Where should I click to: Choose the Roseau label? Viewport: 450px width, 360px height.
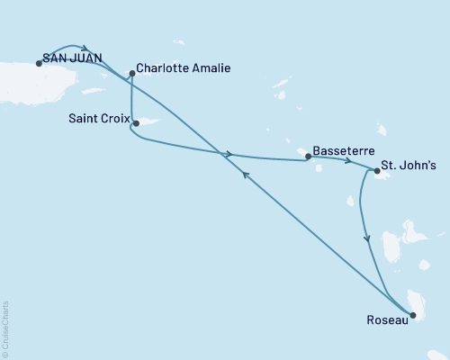[386, 318]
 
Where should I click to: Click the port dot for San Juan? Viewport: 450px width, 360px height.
[39, 63]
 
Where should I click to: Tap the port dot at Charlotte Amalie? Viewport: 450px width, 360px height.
[132, 74]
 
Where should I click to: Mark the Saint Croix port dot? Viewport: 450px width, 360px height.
[135, 123]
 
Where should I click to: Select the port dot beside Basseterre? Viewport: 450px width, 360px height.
[308, 156]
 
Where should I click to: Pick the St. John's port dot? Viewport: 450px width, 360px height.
[376, 167]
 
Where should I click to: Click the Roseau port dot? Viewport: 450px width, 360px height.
[411, 314]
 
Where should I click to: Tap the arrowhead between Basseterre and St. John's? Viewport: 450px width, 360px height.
[348, 162]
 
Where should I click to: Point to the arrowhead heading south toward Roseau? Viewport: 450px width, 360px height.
[365, 239]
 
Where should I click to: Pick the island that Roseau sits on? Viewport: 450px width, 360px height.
[416, 301]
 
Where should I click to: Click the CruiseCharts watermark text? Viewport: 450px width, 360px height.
[5, 328]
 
